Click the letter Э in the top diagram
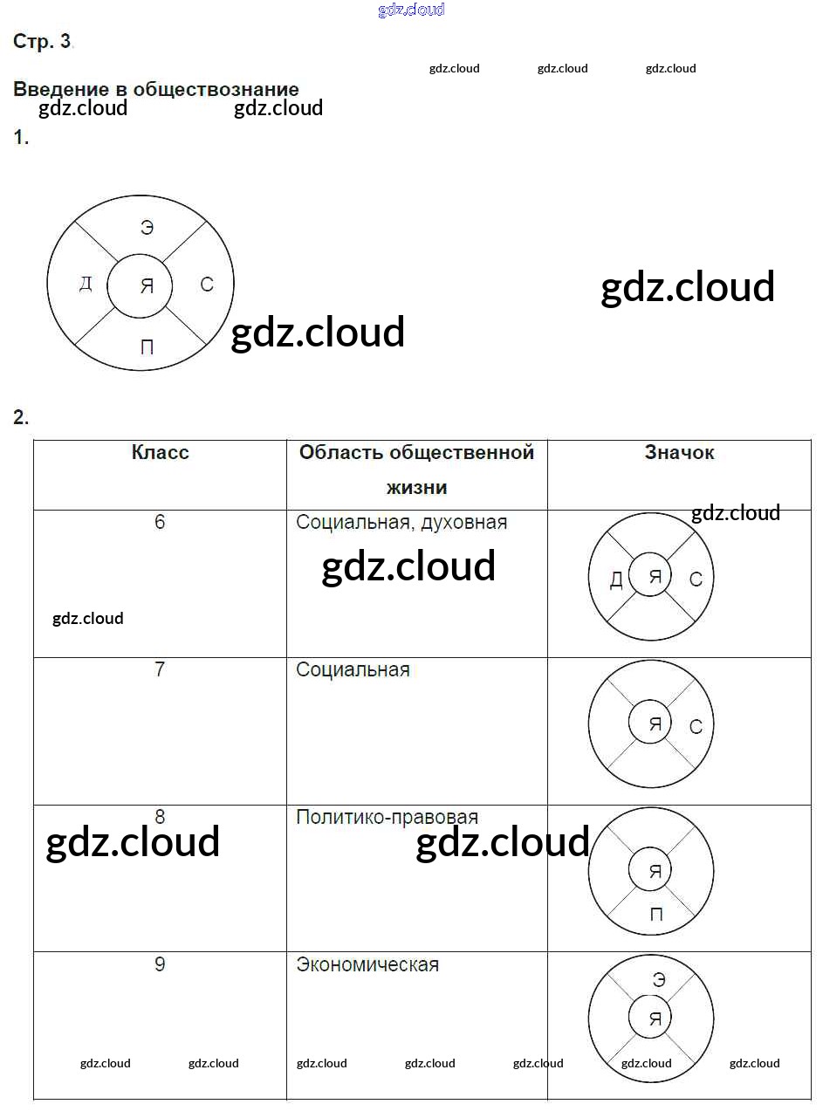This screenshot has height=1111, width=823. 147,228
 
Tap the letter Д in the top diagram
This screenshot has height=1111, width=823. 86,284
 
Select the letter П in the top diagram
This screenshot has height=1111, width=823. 147,347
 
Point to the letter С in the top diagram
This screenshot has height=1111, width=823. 207,285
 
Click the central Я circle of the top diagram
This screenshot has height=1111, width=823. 147,285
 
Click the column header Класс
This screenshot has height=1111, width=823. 160,452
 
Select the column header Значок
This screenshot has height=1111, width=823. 679,452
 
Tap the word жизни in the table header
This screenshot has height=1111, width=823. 416,487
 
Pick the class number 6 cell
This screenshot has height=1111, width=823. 160,522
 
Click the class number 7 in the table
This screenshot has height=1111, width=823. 160,669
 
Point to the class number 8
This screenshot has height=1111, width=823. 160,817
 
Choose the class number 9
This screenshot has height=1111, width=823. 160,964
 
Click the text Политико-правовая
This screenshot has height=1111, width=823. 387,818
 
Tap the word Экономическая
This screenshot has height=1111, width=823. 367,965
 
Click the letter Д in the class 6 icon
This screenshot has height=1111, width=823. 616,580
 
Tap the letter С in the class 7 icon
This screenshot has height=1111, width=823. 696,726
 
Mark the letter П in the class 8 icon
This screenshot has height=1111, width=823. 656,915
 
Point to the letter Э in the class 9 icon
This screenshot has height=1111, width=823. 659,980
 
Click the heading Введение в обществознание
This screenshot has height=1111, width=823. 156,89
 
